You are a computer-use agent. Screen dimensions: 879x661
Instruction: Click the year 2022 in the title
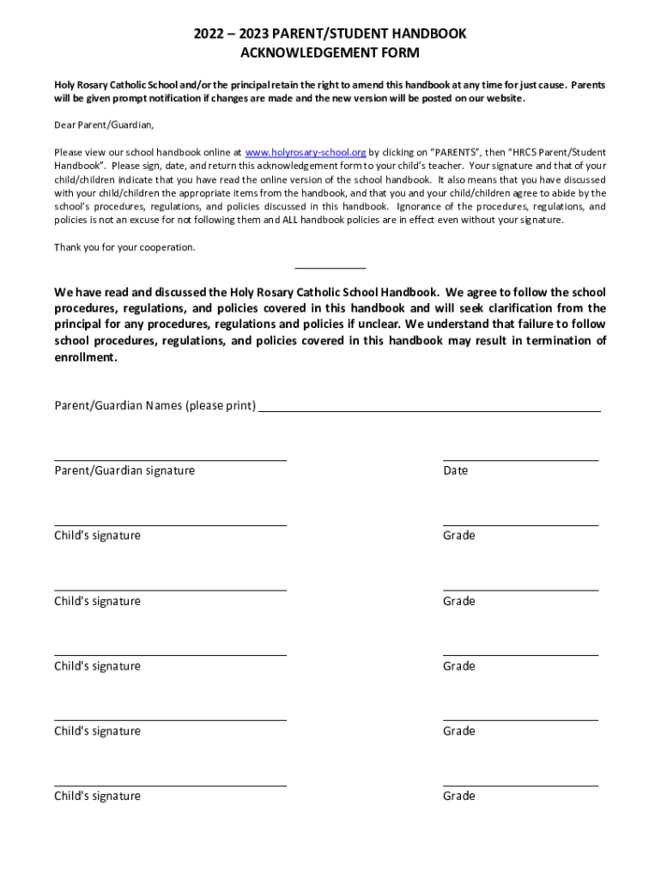[209, 33]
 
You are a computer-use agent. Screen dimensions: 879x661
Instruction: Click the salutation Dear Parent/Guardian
[104, 125]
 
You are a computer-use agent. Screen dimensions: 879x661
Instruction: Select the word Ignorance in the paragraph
[420, 207]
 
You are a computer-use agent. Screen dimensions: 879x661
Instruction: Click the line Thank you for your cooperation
[124, 247]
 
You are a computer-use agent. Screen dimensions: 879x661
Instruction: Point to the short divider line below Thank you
[330, 269]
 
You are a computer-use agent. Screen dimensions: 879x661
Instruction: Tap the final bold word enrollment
[85, 357]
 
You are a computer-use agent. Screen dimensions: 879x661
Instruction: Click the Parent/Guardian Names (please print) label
[155, 405]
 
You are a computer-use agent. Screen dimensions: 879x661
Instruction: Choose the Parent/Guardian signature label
[124, 470]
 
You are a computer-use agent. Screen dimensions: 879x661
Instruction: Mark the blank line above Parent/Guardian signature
[170, 460]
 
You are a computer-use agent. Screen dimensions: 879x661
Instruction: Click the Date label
[456, 470]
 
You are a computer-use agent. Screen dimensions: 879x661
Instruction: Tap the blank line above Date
[520, 460]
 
